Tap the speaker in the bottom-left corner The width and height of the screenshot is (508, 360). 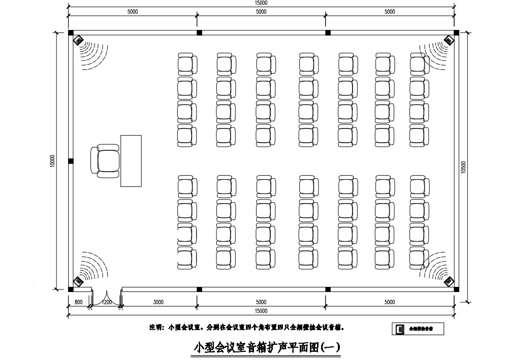[x=79, y=280]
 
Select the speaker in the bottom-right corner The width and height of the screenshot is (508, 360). [x=449, y=280]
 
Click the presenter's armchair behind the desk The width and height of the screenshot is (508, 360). [x=106, y=160]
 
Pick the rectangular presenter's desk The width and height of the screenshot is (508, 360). [x=131, y=160]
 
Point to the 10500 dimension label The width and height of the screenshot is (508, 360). [x=463, y=168]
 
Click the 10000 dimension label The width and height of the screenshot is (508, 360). [x=52, y=161]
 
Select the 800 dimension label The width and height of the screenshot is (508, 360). [x=78, y=302]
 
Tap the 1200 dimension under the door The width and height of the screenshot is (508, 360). [x=107, y=302]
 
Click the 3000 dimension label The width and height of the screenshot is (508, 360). [x=158, y=302]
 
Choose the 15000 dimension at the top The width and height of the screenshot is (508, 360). [x=261, y=3]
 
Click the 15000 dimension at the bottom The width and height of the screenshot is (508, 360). [x=261, y=311]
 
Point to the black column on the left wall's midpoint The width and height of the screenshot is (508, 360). [x=71, y=161]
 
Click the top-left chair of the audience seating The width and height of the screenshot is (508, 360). [x=187, y=64]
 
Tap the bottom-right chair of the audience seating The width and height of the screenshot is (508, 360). [x=419, y=258]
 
